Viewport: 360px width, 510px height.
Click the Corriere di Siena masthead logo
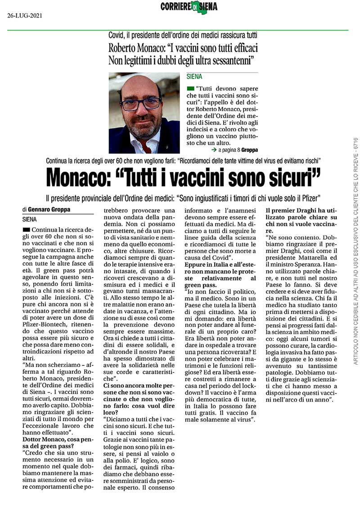point(189,7)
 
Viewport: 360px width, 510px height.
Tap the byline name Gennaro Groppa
point(48,209)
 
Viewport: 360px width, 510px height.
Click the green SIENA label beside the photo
point(194,77)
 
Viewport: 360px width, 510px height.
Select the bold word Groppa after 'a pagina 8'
point(249,149)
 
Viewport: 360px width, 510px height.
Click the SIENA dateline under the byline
point(30,220)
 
